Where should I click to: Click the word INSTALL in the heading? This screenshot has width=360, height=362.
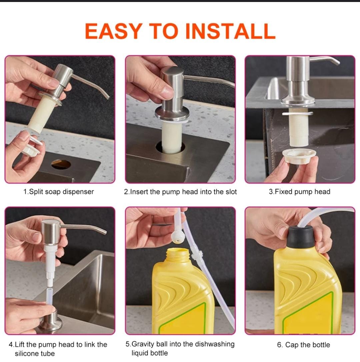(230, 31)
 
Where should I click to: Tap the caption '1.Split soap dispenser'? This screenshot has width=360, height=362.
(59, 192)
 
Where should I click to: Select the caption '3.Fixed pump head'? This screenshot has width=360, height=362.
(299, 192)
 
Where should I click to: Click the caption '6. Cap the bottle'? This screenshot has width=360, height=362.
(303, 345)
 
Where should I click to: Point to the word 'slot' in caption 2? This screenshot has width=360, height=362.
(230, 192)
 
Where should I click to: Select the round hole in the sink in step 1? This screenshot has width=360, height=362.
(61, 164)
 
